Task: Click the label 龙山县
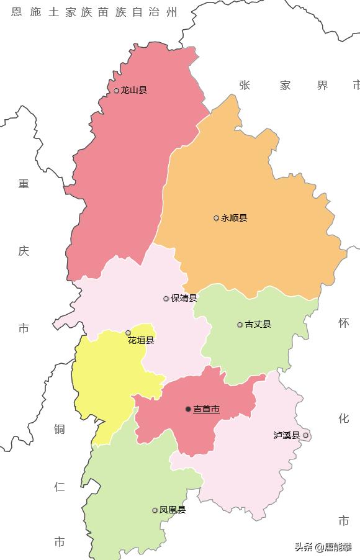tap(134, 91)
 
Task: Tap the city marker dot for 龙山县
tap(116, 91)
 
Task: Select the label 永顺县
tap(234, 218)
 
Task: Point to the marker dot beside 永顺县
tap(216, 218)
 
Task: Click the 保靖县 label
tap(184, 299)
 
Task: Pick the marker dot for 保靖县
tap(166, 299)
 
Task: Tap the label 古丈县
tap(258, 325)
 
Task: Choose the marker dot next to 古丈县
tap(240, 325)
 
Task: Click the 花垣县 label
tap(141, 341)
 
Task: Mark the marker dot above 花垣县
tap(128, 333)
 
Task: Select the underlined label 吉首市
tap(206, 409)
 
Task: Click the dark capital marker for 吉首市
tap(188, 409)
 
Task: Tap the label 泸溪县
tap(287, 436)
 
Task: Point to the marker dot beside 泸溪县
tap(305, 436)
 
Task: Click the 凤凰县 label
tap(173, 510)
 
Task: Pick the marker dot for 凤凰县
tap(155, 510)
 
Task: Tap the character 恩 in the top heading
tap(16, 12)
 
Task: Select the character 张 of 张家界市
tap(245, 86)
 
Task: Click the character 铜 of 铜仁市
tap(59, 429)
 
